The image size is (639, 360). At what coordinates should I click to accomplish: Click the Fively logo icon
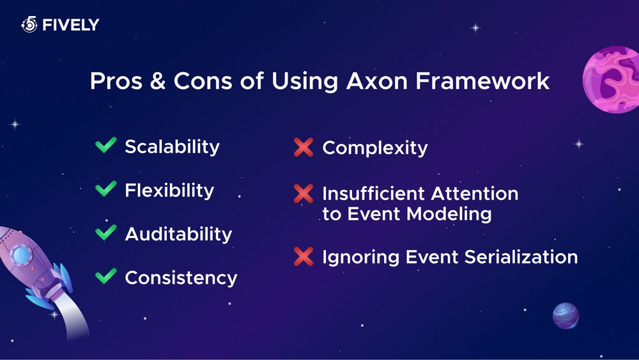29,25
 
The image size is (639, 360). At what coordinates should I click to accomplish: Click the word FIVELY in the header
70,26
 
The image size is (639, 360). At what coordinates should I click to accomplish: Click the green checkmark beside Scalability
105,146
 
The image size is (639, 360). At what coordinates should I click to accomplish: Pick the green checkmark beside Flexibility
105,190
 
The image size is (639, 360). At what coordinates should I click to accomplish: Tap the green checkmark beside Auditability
105,233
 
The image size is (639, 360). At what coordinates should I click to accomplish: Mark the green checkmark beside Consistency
105,277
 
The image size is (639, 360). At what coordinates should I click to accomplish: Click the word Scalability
172,146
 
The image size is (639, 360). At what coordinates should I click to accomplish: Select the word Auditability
178,234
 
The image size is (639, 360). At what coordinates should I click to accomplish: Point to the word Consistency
181,278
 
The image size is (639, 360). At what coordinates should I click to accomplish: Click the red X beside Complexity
303,148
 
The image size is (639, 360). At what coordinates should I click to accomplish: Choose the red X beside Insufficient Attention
303,193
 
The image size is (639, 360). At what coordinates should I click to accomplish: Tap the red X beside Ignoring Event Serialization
303,257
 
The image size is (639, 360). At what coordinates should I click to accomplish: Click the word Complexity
374,148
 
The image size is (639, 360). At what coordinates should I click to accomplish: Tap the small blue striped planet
566,315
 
